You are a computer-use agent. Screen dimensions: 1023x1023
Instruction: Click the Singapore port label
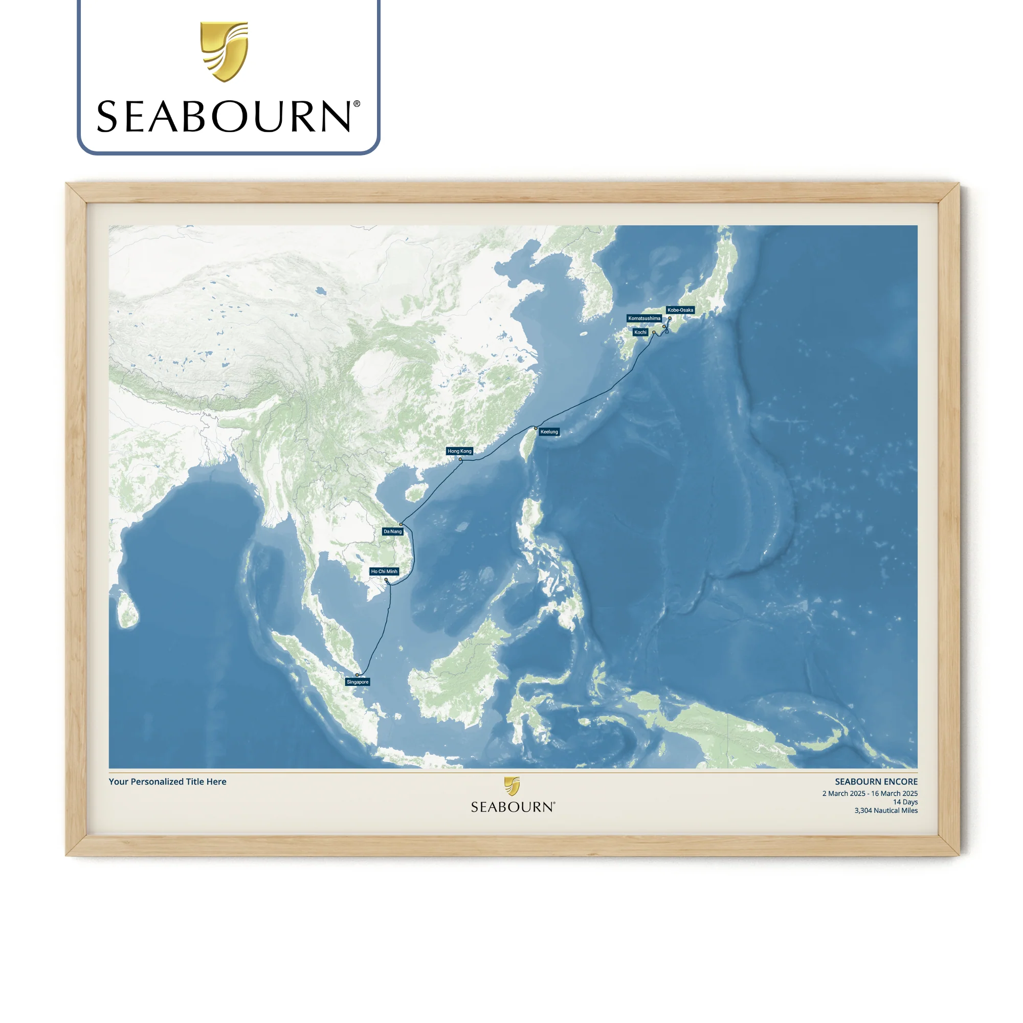coord(358,682)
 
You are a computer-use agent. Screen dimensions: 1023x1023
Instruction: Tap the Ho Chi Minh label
coord(384,571)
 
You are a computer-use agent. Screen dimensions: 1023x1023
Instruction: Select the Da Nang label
coord(392,531)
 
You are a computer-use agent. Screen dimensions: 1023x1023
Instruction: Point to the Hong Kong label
coord(459,451)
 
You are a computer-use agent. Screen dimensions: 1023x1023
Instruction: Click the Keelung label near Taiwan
coord(549,432)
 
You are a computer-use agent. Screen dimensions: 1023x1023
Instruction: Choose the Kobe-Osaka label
coord(680,310)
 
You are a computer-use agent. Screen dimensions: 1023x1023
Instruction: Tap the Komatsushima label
coord(644,318)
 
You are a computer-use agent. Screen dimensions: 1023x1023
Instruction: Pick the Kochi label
coord(640,332)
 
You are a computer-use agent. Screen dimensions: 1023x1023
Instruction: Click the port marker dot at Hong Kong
coord(461,459)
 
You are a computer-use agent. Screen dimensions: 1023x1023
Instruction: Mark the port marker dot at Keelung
coord(536,428)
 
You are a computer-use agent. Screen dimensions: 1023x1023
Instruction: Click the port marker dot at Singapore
coord(357,675)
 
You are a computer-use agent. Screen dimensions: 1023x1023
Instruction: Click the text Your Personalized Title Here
coord(167,782)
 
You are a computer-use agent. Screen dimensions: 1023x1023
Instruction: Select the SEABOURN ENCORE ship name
coord(876,782)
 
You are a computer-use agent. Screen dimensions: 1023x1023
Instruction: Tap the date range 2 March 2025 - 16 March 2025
coord(870,793)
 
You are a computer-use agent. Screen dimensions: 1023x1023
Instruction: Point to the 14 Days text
coord(905,802)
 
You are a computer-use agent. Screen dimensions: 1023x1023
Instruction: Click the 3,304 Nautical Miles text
coord(885,810)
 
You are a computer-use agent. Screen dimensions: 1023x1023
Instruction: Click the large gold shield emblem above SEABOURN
coord(224,51)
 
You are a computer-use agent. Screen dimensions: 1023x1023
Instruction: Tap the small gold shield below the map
coord(511,786)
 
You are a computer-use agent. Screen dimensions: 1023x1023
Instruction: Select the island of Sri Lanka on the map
coord(127,610)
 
